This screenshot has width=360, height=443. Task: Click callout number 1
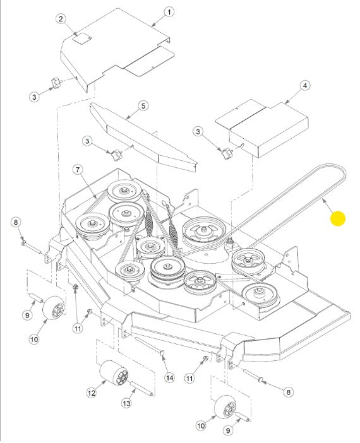pyautogui.click(x=169, y=12)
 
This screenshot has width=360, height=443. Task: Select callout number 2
pyautogui.click(x=61, y=19)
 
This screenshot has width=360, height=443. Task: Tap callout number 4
pyautogui.click(x=304, y=85)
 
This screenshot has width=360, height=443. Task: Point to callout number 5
pyautogui.click(x=143, y=106)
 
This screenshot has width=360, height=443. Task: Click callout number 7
pyautogui.click(x=78, y=170)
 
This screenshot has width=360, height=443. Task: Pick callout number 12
pyautogui.click(x=92, y=393)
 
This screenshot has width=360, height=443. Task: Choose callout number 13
pyautogui.click(x=126, y=403)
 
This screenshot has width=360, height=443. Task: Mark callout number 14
pyautogui.click(x=169, y=378)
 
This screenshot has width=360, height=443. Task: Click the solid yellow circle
pyautogui.click(x=338, y=219)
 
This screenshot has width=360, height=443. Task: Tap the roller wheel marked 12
pyautogui.click(x=114, y=373)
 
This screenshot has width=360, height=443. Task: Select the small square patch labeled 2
pyautogui.click(x=81, y=38)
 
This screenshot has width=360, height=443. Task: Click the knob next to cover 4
pyautogui.click(x=227, y=154)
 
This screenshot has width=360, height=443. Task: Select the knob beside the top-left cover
pyautogui.click(x=56, y=83)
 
